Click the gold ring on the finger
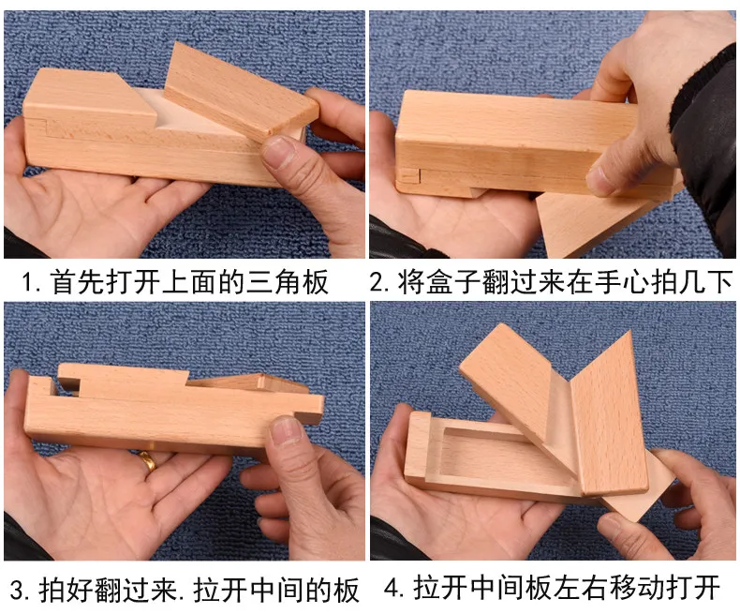(147, 461)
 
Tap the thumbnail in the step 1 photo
(277, 151)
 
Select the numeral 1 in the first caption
(27, 282)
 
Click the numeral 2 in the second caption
(377, 282)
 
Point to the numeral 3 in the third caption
(17, 590)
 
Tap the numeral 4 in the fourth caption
(392, 589)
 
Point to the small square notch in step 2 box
(407, 175)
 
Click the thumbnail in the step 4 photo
(614, 527)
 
